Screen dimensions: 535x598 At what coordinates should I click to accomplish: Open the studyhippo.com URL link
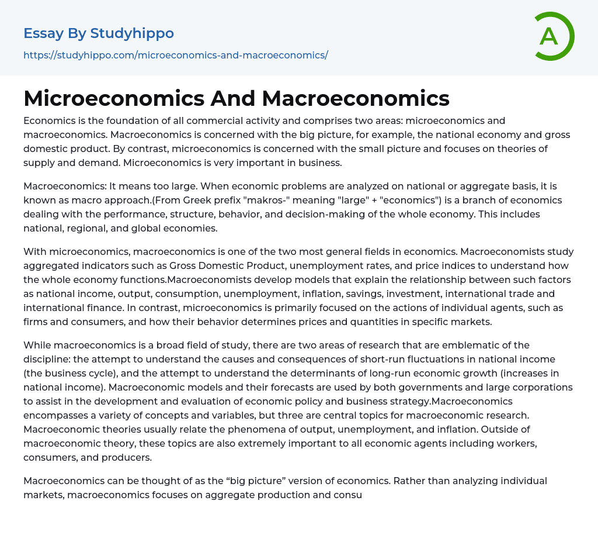click(x=175, y=55)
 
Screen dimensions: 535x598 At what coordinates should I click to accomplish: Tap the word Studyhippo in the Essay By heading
click(x=132, y=33)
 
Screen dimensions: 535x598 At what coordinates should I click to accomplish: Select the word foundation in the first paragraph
click(x=123, y=120)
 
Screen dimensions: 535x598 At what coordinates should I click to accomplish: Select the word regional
click(x=84, y=228)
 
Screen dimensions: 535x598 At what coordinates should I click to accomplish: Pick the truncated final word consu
click(x=349, y=495)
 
